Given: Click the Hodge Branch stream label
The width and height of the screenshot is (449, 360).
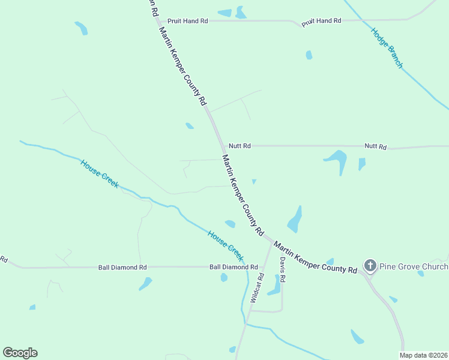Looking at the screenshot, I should [x=387, y=48].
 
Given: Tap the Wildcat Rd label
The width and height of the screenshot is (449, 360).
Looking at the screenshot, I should [x=256, y=287].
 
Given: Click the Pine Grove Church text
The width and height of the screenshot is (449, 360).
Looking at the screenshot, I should [x=414, y=266].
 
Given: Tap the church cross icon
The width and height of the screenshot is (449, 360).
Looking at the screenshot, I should [x=370, y=265].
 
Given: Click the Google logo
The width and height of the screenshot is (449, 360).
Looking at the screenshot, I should [x=20, y=353].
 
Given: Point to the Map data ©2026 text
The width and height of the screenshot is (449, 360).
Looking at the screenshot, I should [x=424, y=355].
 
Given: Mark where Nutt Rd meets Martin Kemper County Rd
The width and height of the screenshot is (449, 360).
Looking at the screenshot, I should [x=220, y=146].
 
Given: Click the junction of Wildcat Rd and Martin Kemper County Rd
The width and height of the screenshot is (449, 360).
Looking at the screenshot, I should [x=269, y=242].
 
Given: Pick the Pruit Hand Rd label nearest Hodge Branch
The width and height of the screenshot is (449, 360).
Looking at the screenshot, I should [x=321, y=21].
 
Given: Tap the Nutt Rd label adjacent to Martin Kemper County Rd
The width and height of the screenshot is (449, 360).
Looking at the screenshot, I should [x=239, y=146].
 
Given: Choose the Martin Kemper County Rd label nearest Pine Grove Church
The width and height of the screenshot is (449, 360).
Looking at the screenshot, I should [x=315, y=257].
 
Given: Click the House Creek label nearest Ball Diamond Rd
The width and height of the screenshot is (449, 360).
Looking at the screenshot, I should [x=225, y=245].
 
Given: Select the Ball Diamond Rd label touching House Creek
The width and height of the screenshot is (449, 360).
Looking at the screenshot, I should [x=233, y=267].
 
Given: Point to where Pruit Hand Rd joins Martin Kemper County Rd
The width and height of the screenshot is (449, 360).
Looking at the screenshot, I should [x=157, y=21].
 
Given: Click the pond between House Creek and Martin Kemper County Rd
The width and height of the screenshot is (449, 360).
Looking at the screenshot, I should [x=230, y=224].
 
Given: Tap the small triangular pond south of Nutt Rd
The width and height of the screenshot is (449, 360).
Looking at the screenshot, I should [x=254, y=181].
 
